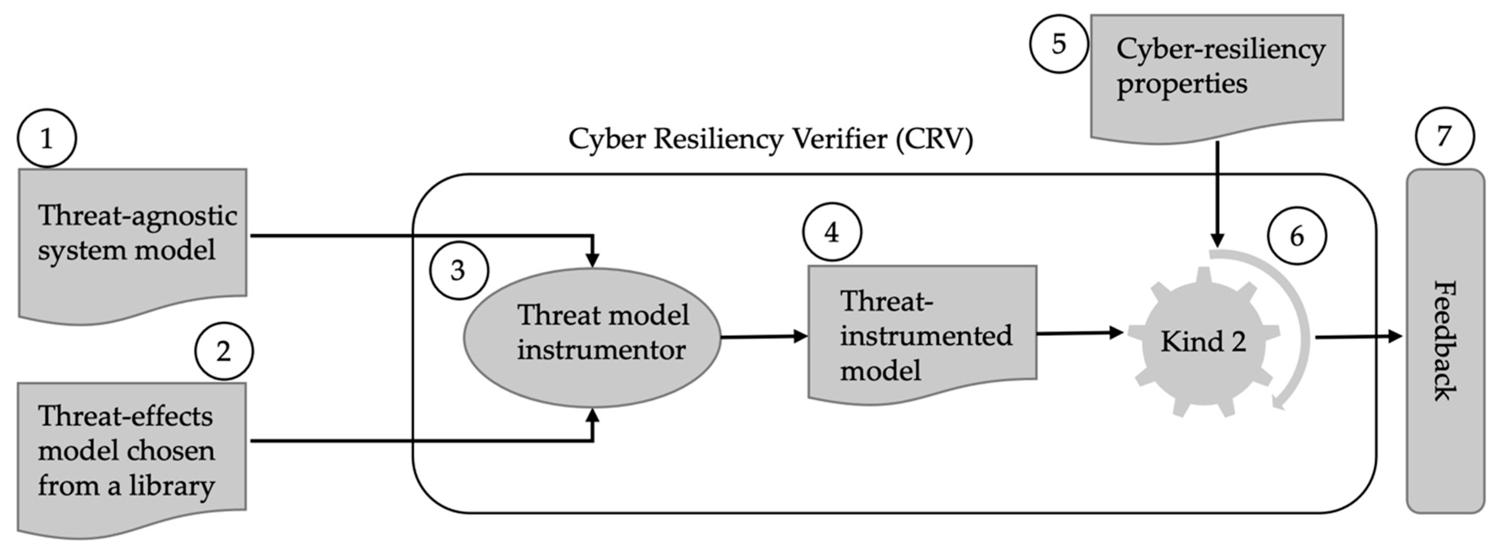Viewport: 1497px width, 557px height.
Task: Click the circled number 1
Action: point(47,138)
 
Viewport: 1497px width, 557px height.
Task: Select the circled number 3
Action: point(458,271)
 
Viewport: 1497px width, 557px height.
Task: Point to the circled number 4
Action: point(832,232)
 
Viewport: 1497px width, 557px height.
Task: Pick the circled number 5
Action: point(1058,44)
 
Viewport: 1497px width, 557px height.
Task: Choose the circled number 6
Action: point(1297,236)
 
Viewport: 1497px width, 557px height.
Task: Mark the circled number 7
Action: point(1445,136)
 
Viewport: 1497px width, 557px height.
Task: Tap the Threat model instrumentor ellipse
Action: point(592,337)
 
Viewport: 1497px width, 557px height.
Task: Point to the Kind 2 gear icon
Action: point(1203,341)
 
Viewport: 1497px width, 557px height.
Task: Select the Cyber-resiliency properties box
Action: point(1216,73)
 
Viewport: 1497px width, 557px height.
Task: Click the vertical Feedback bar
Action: point(1445,341)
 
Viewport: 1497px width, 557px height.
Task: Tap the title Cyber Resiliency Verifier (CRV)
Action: point(770,139)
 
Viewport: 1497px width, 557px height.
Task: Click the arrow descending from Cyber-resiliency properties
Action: point(1217,192)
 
